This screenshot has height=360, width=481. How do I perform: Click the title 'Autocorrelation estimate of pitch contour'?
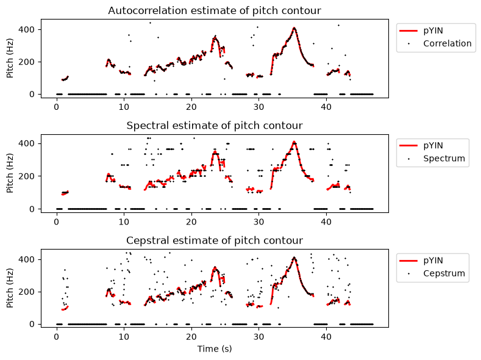(x=215, y=11)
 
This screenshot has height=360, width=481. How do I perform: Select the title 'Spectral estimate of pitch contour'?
(x=215, y=126)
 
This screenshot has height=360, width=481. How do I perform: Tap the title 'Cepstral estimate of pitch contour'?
(x=215, y=240)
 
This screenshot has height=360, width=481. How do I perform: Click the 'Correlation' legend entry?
(x=447, y=43)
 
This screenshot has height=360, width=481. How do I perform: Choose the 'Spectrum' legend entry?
(x=444, y=159)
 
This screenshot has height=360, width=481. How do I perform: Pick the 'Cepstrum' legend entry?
(x=444, y=273)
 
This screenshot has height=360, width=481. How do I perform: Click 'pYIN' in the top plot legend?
(x=433, y=31)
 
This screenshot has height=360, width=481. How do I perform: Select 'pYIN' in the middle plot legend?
(x=433, y=145)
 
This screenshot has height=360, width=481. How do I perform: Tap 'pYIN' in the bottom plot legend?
(x=433, y=261)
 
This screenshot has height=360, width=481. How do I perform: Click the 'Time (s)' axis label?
(x=215, y=349)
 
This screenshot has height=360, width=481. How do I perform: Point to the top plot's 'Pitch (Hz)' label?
(x=10, y=59)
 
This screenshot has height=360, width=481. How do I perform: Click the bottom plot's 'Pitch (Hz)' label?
(x=10, y=288)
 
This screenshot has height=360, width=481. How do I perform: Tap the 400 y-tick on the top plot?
(x=26, y=30)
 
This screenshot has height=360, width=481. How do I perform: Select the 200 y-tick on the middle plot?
(x=26, y=176)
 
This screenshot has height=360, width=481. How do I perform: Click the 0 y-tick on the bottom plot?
(x=32, y=324)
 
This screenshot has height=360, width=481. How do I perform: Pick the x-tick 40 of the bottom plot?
(x=326, y=337)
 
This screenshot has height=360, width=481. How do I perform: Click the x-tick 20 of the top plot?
(x=191, y=107)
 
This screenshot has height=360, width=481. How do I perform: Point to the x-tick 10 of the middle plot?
(x=124, y=221)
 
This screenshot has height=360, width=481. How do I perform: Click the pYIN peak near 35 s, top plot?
(x=294, y=28)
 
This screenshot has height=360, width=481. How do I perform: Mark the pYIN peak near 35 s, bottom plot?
(x=294, y=258)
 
